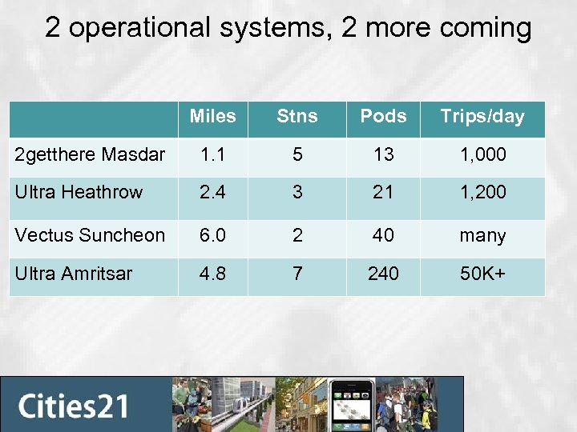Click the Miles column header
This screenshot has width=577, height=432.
(x=212, y=117)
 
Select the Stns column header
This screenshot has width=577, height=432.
(x=297, y=117)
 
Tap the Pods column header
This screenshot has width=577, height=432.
(x=383, y=117)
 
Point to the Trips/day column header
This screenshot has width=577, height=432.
(x=482, y=117)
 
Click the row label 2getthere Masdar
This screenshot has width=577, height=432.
(x=90, y=154)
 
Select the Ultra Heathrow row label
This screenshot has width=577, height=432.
(x=79, y=192)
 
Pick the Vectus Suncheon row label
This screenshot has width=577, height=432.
(x=90, y=235)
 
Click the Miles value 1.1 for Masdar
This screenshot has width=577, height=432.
(x=212, y=154)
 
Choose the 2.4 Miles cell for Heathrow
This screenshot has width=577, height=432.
(x=212, y=193)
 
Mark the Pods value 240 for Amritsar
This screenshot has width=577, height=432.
(x=383, y=274)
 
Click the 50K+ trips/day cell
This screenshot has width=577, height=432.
(x=482, y=274)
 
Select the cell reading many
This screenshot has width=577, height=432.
(x=482, y=236)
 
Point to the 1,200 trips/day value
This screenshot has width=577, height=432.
(x=482, y=193)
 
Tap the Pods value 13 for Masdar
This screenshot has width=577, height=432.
(x=383, y=154)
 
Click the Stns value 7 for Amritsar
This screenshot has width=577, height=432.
(x=297, y=274)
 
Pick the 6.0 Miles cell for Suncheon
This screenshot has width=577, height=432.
(x=212, y=235)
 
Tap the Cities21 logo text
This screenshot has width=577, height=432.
(x=74, y=406)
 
